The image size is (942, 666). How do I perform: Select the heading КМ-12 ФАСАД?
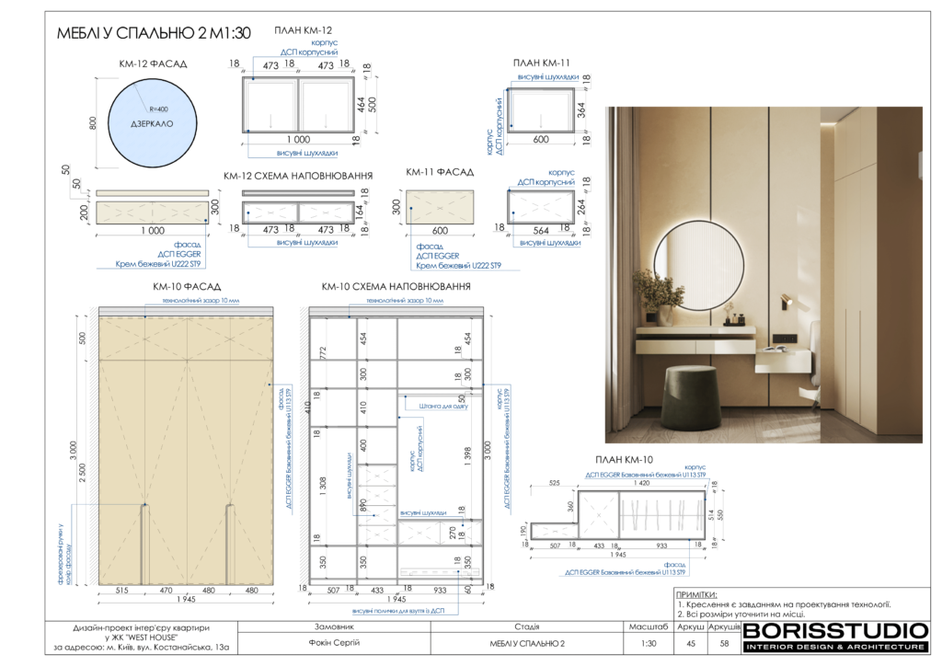(153, 64)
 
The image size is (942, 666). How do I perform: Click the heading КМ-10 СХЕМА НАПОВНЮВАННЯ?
(396, 287)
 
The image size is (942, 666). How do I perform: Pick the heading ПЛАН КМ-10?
(625, 460)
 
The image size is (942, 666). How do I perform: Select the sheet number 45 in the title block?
(691, 643)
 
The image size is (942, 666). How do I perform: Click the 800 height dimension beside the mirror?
(92, 122)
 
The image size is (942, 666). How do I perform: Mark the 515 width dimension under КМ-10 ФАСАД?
(121, 590)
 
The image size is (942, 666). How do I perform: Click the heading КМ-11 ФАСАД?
(440, 172)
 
